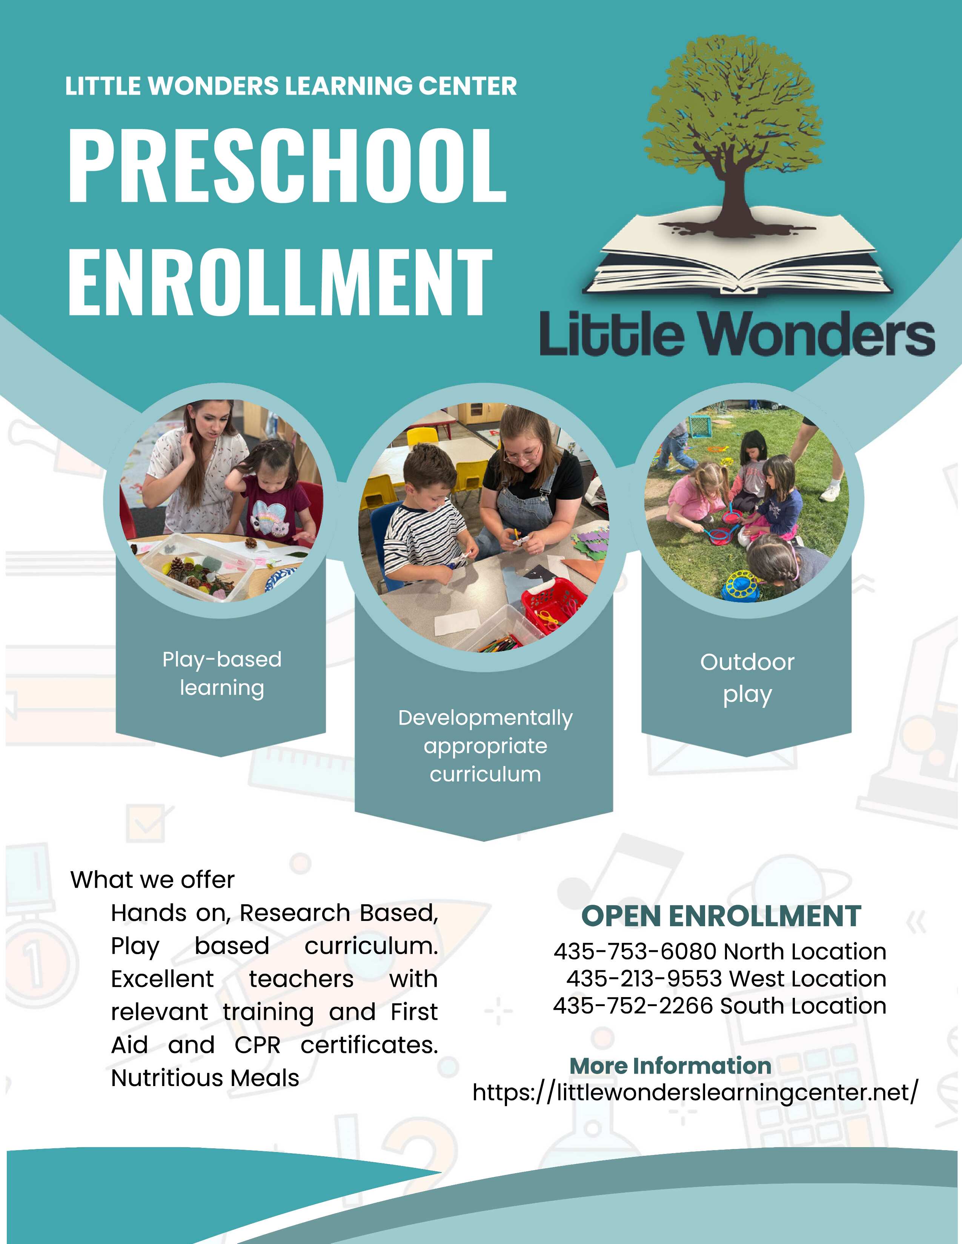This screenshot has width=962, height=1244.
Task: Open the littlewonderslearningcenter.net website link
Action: pos(695,1093)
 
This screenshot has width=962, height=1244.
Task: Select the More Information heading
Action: pos(670,1066)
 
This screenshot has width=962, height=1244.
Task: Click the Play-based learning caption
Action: pos(222,673)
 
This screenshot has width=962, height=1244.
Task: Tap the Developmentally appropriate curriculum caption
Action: pos(485,746)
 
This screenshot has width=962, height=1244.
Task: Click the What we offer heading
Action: pos(152,880)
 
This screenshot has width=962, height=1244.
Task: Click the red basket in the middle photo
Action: pos(554,604)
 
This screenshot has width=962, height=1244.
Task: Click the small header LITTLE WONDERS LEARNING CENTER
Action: pos(290,86)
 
